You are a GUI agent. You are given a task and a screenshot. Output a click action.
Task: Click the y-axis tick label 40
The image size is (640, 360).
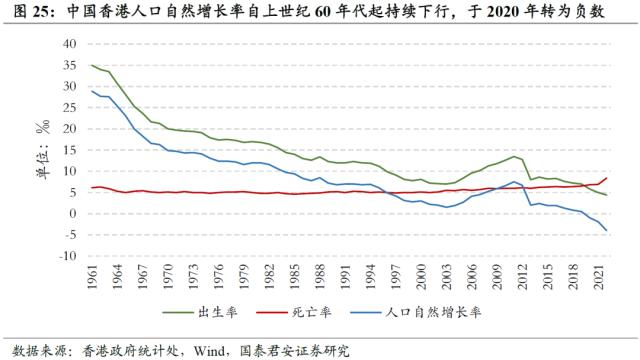(x=69, y=44)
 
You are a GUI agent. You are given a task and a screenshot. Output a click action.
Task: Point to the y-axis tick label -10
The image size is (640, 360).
(x=67, y=255)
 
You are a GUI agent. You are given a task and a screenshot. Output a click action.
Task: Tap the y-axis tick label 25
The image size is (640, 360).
(x=69, y=107)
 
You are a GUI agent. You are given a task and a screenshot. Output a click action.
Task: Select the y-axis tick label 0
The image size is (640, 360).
(x=72, y=213)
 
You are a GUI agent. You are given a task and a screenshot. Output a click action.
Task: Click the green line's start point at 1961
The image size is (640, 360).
(x=92, y=65)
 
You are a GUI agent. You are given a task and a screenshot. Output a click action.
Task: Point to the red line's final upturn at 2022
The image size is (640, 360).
(x=607, y=178)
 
